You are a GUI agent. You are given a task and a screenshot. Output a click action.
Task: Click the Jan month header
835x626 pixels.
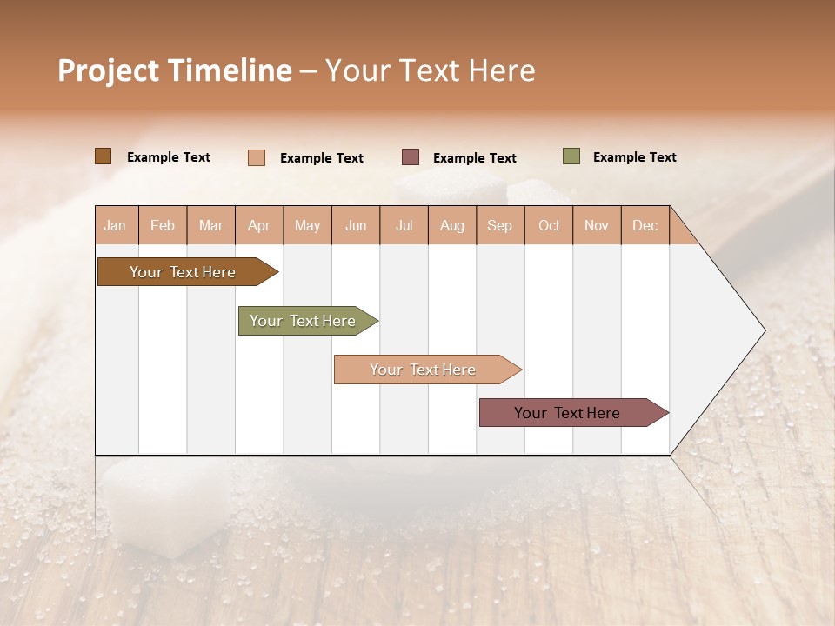(x=116, y=225)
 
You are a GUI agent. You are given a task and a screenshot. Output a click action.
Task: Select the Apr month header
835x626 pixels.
(x=259, y=225)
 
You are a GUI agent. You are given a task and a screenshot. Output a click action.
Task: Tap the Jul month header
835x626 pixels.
(x=404, y=225)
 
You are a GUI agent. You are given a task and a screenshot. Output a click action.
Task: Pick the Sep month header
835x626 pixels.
(x=500, y=225)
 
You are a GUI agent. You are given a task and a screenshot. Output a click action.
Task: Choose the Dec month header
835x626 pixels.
(x=645, y=225)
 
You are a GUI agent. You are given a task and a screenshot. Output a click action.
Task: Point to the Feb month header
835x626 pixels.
(x=163, y=225)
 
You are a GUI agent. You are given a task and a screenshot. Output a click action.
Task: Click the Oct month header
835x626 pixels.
(x=549, y=225)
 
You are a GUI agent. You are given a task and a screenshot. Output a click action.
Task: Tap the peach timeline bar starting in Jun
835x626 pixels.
(x=424, y=370)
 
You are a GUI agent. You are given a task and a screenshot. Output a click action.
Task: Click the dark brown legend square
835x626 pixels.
(x=103, y=156)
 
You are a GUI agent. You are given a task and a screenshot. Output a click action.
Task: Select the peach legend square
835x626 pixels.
(x=256, y=157)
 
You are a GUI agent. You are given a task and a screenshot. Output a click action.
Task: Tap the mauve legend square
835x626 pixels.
(x=411, y=157)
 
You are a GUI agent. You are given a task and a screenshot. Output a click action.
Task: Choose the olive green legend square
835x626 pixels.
(x=571, y=156)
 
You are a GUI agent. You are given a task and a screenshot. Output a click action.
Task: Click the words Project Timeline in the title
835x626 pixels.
(x=174, y=70)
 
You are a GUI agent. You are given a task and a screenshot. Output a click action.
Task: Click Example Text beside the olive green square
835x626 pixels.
(x=634, y=157)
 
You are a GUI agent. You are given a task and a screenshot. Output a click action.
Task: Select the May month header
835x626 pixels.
(x=307, y=225)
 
